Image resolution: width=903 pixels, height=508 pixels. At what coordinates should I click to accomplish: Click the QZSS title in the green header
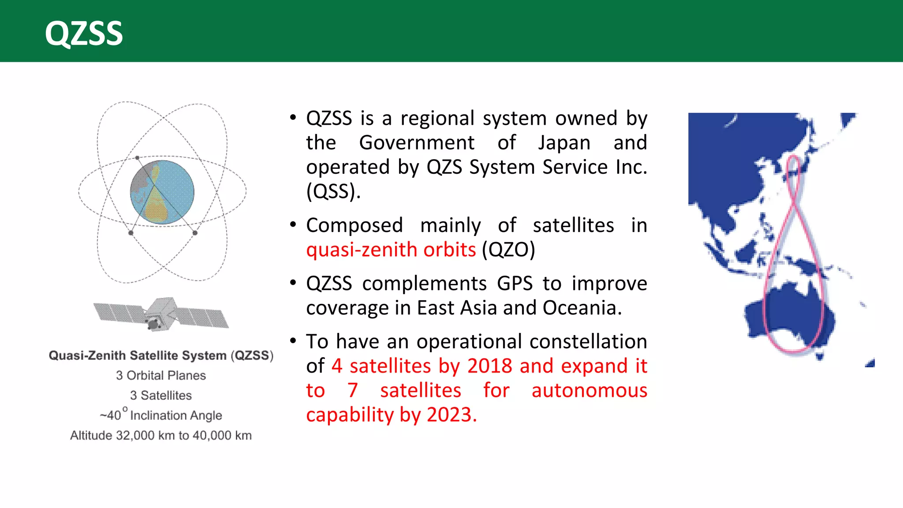84,34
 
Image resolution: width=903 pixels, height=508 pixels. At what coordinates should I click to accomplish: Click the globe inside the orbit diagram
162,193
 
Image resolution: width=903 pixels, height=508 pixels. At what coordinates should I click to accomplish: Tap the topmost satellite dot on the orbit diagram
137,157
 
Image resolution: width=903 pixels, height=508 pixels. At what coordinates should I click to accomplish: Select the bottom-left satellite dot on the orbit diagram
131,233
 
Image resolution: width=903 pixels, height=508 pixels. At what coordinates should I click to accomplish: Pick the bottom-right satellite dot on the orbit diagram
195,233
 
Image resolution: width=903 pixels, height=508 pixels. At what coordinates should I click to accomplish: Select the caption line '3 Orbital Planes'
161,375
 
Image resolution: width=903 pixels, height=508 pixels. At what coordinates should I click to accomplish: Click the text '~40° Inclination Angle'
161,415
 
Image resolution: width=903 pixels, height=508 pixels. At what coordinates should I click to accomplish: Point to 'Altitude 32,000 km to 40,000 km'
161,435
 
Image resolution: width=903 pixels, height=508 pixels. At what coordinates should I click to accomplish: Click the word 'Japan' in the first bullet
564,143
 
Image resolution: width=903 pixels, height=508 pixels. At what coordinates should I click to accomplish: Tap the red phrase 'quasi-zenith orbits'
391,250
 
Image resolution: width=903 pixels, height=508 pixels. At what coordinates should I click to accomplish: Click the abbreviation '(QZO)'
508,250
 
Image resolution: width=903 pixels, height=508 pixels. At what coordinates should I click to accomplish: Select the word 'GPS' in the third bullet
515,284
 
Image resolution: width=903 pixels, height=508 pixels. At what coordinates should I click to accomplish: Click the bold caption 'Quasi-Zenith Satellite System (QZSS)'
161,355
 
